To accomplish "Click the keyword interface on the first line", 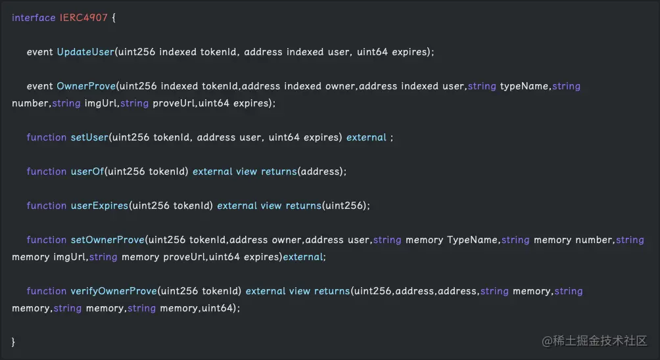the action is [34, 18].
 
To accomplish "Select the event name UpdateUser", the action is [85, 52].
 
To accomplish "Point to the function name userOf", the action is [87, 171].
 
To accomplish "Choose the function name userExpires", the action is [99, 206].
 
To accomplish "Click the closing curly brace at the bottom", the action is [14, 342].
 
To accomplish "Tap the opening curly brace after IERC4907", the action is [114, 18].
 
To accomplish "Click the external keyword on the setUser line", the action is [366, 137].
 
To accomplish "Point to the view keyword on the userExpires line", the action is [271, 206].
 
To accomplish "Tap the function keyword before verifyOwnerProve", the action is [46, 291].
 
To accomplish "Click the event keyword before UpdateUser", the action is [40, 52].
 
